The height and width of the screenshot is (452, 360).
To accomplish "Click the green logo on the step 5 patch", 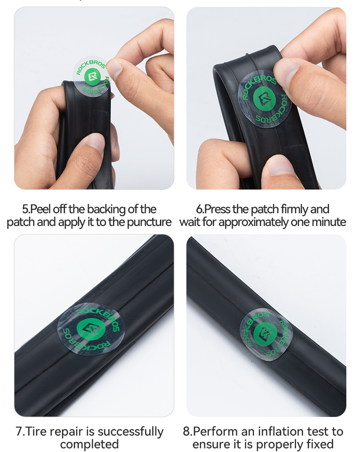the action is (x=92, y=77).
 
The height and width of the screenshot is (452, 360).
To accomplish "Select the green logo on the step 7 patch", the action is (x=91, y=329).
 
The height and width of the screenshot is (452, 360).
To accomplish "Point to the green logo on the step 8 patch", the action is (x=266, y=333).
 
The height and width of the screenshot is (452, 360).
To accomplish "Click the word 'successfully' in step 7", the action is (x=130, y=432).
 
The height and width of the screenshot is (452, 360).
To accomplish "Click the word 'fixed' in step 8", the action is (x=321, y=444).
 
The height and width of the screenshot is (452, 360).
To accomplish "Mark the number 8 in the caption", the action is (x=186, y=432).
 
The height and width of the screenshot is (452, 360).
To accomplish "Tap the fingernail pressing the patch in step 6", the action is (x=286, y=68).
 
